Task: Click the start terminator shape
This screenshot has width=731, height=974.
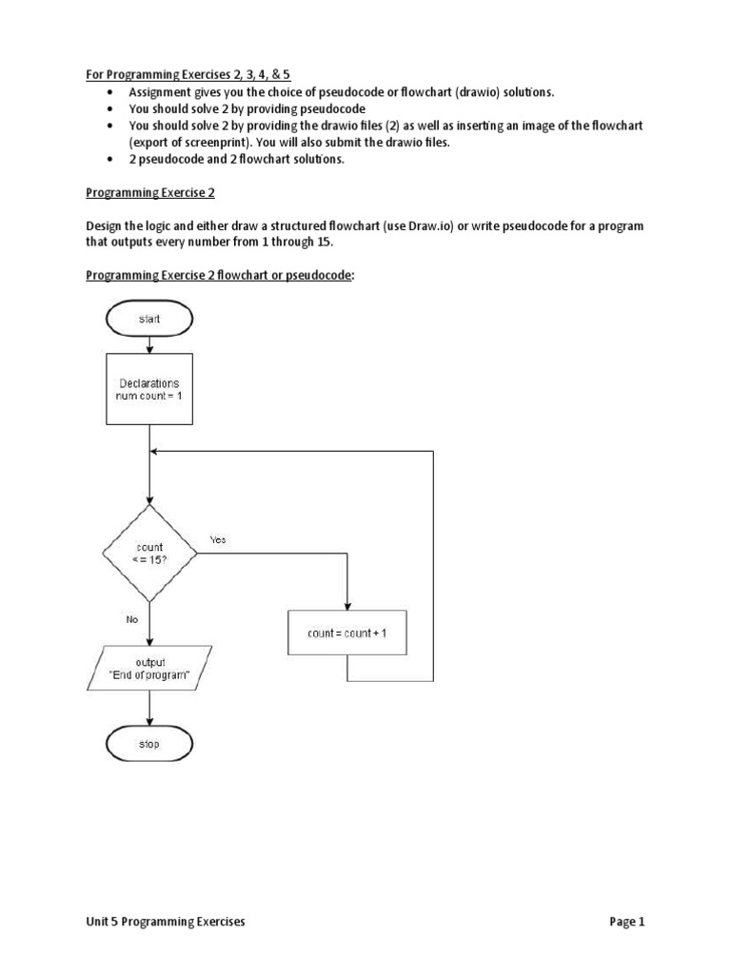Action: pyautogui.click(x=149, y=320)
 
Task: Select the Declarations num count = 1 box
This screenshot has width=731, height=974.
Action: pyautogui.click(x=149, y=390)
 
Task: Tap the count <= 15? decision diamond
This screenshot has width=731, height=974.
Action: pyautogui.click(x=149, y=554)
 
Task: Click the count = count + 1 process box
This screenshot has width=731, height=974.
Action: pyautogui.click(x=346, y=633)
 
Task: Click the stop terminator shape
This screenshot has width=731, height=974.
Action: pyautogui.click(x=149, y=744)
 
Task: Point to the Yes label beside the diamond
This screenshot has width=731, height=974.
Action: pyautogui.click(x=218, y=540)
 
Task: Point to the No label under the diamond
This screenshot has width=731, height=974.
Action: pyautogui.click(x=132, y=618)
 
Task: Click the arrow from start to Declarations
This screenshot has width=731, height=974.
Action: pyautogui.click(x=149, y=345)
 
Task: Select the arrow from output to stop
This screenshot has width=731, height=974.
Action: pyautogui.click(x=149, y=709)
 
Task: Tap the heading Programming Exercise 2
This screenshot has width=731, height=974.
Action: pyautogui.click(x=150, y=193)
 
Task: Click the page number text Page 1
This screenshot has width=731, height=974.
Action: pyautogui.click(x=627, y=922)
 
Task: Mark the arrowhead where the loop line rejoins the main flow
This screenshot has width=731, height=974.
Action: pyautogui.click(x=156, y=452)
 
